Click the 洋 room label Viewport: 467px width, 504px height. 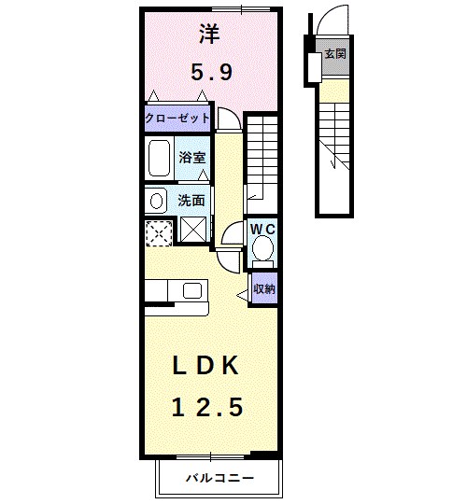point(210,35)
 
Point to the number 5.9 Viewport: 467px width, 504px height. point(211,72)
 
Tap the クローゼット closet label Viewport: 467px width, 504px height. point(177,119)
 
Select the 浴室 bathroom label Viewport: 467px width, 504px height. point(191,158)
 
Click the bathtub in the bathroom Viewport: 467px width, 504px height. point(160,159)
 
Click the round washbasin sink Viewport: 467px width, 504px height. point(154,199)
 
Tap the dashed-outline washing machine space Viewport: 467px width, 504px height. point(159,231)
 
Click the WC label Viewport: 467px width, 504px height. point(262,229)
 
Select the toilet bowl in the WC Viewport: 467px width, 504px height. point(263,248)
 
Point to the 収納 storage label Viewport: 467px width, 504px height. point(263,288)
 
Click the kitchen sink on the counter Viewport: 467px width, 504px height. point(192,290)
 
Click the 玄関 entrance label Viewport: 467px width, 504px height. point(334,54)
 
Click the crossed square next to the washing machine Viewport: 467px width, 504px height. point(194,230)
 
